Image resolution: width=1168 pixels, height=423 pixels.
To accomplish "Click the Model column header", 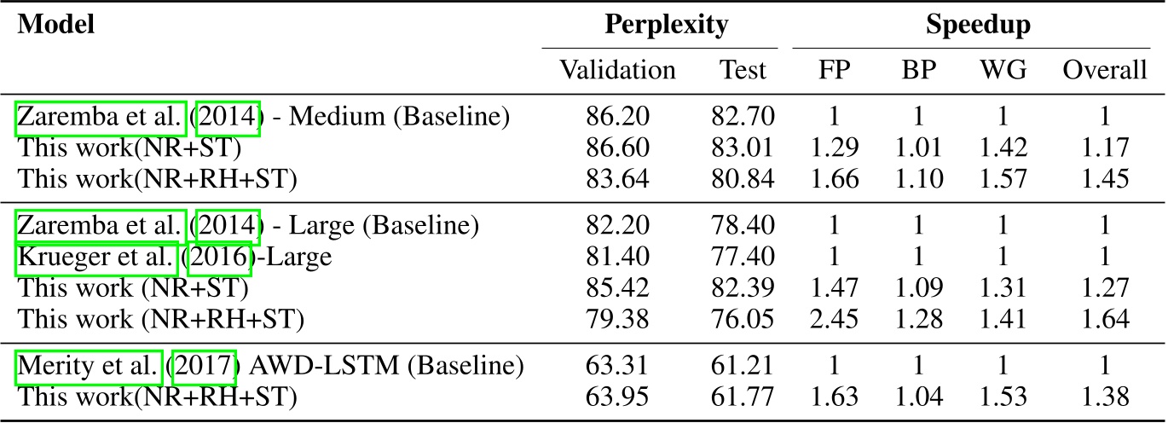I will click(x=56, y=25).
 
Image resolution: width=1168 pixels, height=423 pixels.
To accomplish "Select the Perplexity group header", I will click(x=666, y=25).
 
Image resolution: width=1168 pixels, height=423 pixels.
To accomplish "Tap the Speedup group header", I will click(x=978, y=25).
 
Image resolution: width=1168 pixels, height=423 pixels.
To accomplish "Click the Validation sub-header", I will click(x=617, y=69).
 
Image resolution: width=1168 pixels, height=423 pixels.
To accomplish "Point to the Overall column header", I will click(x=1104, y=69).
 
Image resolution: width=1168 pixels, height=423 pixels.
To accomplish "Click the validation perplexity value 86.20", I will click(x=617, y=117).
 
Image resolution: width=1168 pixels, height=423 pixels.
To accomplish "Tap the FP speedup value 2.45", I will click(x=833, y=320).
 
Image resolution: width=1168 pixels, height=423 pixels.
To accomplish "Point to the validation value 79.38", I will click(x=617, y=320).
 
